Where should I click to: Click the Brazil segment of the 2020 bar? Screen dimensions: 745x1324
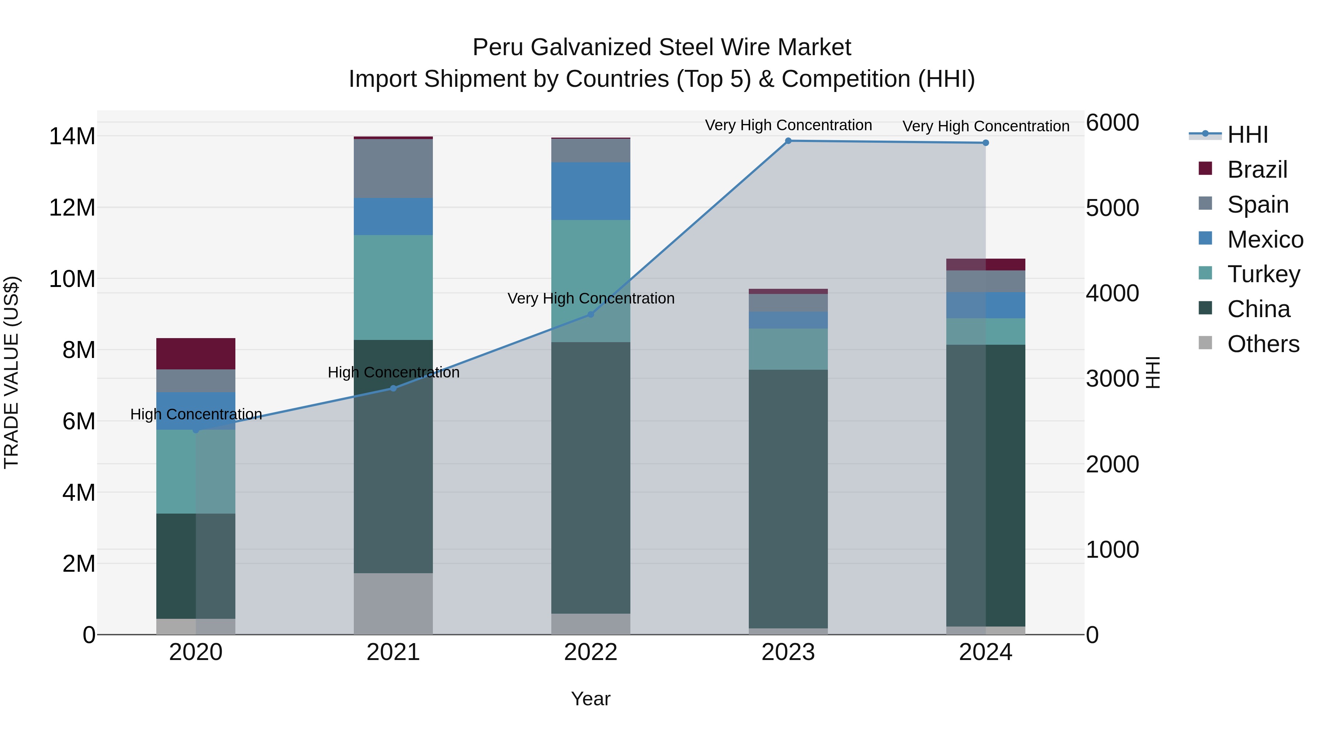tap(195, 354)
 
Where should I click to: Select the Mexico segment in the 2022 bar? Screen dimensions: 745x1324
tap(591, 191)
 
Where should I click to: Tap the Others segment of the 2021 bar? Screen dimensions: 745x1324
tap(393, 604)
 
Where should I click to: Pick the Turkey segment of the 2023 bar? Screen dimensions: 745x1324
tap(788, 349)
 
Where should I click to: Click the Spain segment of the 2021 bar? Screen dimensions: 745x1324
tap(393, 168)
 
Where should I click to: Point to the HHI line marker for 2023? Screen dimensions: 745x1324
tap(788, 141)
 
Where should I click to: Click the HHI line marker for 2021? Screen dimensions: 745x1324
tap(393, 388)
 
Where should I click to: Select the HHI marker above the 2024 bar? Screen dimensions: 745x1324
tap(985, 143)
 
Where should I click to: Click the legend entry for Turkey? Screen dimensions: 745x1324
tap(1263, 274)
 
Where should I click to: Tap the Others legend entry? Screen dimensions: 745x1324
tap(1263, 344)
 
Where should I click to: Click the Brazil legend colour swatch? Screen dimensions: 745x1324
tap(1205, 168)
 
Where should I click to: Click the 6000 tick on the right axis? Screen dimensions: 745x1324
tap(1112, 123)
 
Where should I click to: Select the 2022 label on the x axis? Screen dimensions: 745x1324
tap(591, 652)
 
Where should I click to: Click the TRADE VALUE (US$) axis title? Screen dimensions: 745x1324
tap(12, 372)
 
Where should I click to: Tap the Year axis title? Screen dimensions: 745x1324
tap(591, 699)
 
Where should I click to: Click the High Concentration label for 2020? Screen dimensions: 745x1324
tap(196, 414)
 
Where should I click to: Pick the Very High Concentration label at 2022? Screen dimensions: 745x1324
tap(591, 298)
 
